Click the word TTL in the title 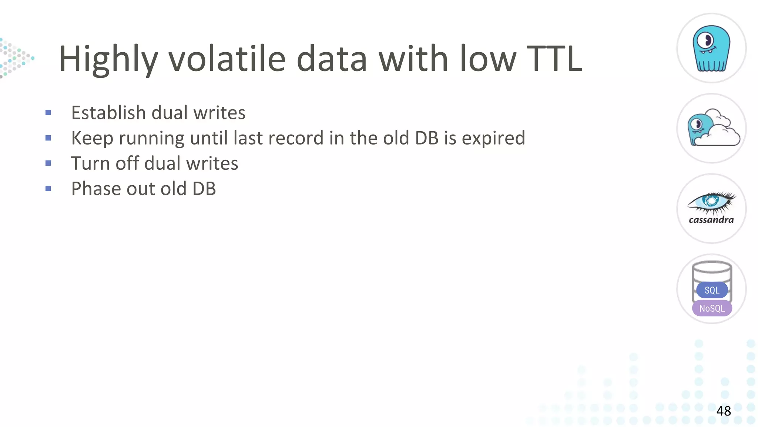[554, 59]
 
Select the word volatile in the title [227, 59]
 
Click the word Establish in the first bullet [108, 113]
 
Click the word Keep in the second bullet [92, 138]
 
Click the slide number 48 [724, 411]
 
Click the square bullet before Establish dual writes [48, 113]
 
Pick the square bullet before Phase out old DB [48, 189]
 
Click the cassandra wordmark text [711, 220]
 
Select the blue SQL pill [712, 290]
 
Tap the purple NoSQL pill [712, 308]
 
